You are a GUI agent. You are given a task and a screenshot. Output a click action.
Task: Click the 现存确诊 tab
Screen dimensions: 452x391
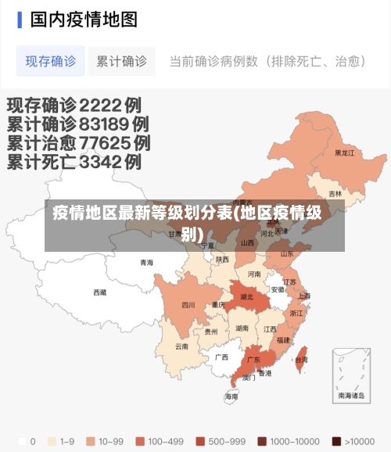[x=51, y=61]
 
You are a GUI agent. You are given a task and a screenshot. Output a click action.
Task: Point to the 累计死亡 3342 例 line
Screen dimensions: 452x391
[x=74, y=162]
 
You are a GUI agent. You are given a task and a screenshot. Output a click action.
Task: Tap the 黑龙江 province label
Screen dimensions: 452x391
[x=345, y=153]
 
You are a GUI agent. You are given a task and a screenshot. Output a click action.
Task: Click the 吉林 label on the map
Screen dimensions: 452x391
[x=335, y=194]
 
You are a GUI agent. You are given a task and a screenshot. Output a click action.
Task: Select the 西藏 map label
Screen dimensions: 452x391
[x=100, y=292]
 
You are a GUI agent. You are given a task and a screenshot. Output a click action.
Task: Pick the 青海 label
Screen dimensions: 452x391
[x=147, y=263]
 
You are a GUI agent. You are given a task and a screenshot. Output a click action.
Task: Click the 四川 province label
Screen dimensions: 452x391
[x=188, y=305]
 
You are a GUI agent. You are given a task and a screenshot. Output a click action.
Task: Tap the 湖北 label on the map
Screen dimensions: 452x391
[x=246, y=297]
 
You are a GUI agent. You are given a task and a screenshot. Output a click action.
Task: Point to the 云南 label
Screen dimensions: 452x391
[x=181, y=346]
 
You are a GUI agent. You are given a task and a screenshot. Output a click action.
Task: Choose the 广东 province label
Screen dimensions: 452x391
[x=253, y=361]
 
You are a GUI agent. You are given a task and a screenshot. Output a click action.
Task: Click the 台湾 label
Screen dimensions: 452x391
[x=301, y=361]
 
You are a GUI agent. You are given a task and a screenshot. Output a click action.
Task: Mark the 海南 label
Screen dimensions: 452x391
[x=231, y=396]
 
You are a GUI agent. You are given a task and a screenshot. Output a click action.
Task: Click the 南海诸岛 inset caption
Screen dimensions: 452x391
[x=351, y=396]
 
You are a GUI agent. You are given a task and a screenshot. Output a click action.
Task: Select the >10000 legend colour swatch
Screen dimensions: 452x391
[x=337, y=441]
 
